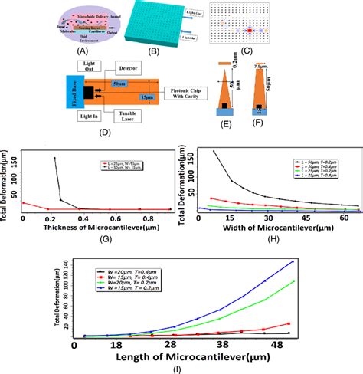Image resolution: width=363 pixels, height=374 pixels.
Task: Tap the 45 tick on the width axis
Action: [306, 218]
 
